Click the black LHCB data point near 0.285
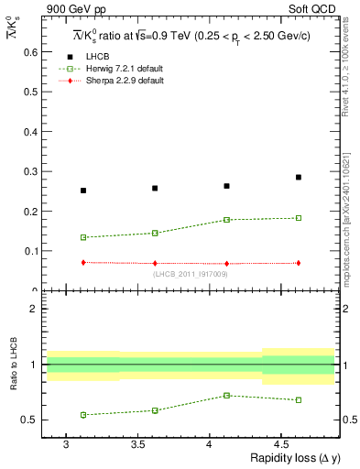click(x=299, y=177)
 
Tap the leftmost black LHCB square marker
click(x=83, y=191)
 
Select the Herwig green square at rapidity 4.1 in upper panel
click(x=226, y=220)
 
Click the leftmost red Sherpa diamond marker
click(x=83, y=262)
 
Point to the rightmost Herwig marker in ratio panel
click(x=299, y=399)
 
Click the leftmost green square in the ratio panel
click(x=83, y=415)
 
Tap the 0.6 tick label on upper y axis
click(x=29, y=52)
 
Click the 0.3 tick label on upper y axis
click(x=29, y=171)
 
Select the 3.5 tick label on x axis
click(x=137, y=443)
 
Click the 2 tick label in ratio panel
click(x=34, y=309)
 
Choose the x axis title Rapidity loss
click(x=292, y=459)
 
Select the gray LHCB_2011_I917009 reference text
click(x=191, y=274)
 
